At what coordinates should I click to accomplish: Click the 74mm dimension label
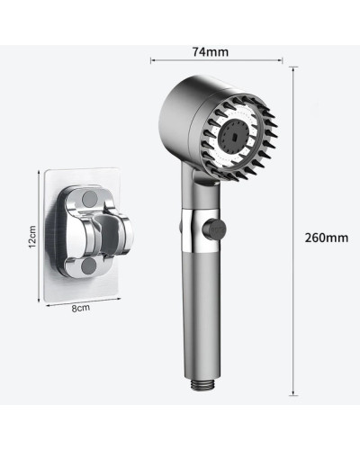[211, 52]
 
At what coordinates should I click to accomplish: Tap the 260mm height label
[327, 238]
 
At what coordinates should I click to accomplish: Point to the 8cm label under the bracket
[81, 308]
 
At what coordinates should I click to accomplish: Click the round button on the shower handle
[214, 229]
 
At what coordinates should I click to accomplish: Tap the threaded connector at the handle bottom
[200, 384]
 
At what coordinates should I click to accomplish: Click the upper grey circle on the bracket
[89, 198]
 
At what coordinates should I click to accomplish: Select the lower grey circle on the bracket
[89, 265]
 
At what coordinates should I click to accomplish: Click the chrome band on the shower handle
[200, 230]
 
